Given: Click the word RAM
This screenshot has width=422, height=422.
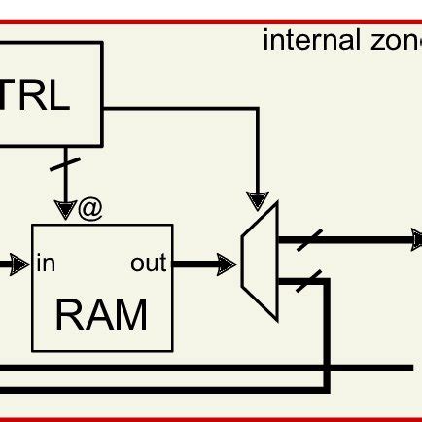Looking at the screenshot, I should pos(102,316).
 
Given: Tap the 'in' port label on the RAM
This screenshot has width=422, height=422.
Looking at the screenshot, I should pos(46,264).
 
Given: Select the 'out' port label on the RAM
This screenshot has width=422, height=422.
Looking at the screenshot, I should pos(148,264).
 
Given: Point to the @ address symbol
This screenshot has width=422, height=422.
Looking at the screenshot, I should pos(90,209).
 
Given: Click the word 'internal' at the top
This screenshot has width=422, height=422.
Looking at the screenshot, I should pos(299,41).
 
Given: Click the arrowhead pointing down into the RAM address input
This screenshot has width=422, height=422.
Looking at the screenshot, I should pos(65,210).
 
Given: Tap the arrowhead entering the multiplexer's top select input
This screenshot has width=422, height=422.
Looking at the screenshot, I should pos(257,199).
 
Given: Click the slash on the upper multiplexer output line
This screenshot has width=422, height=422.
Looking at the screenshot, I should pos(309,239).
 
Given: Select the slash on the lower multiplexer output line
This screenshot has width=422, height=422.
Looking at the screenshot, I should pos(309,281).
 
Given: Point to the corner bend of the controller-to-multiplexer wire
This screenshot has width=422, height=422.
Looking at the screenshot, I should pos(257,108).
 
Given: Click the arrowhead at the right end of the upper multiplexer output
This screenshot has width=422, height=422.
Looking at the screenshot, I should pos(415,239).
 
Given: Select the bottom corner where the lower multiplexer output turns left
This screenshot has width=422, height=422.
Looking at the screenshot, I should pos(328,389).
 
